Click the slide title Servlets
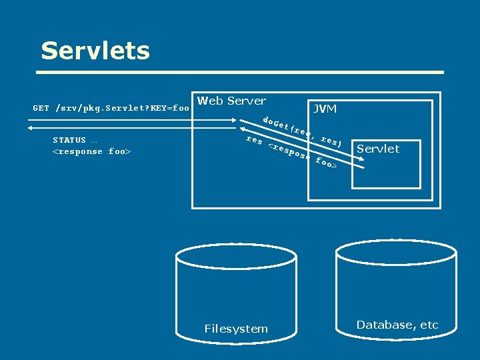[95, 51]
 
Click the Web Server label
[231, 101]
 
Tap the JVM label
[325, 109]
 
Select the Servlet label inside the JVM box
[378, 149]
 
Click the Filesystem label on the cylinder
[236, 329]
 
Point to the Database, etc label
[397, 325]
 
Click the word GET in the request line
[41, 108]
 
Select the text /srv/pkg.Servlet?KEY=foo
[123, 108]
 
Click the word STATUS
[69, 140]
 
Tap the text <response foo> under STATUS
[91, 151]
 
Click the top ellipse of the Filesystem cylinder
[226, 255]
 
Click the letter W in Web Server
[202, 101]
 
